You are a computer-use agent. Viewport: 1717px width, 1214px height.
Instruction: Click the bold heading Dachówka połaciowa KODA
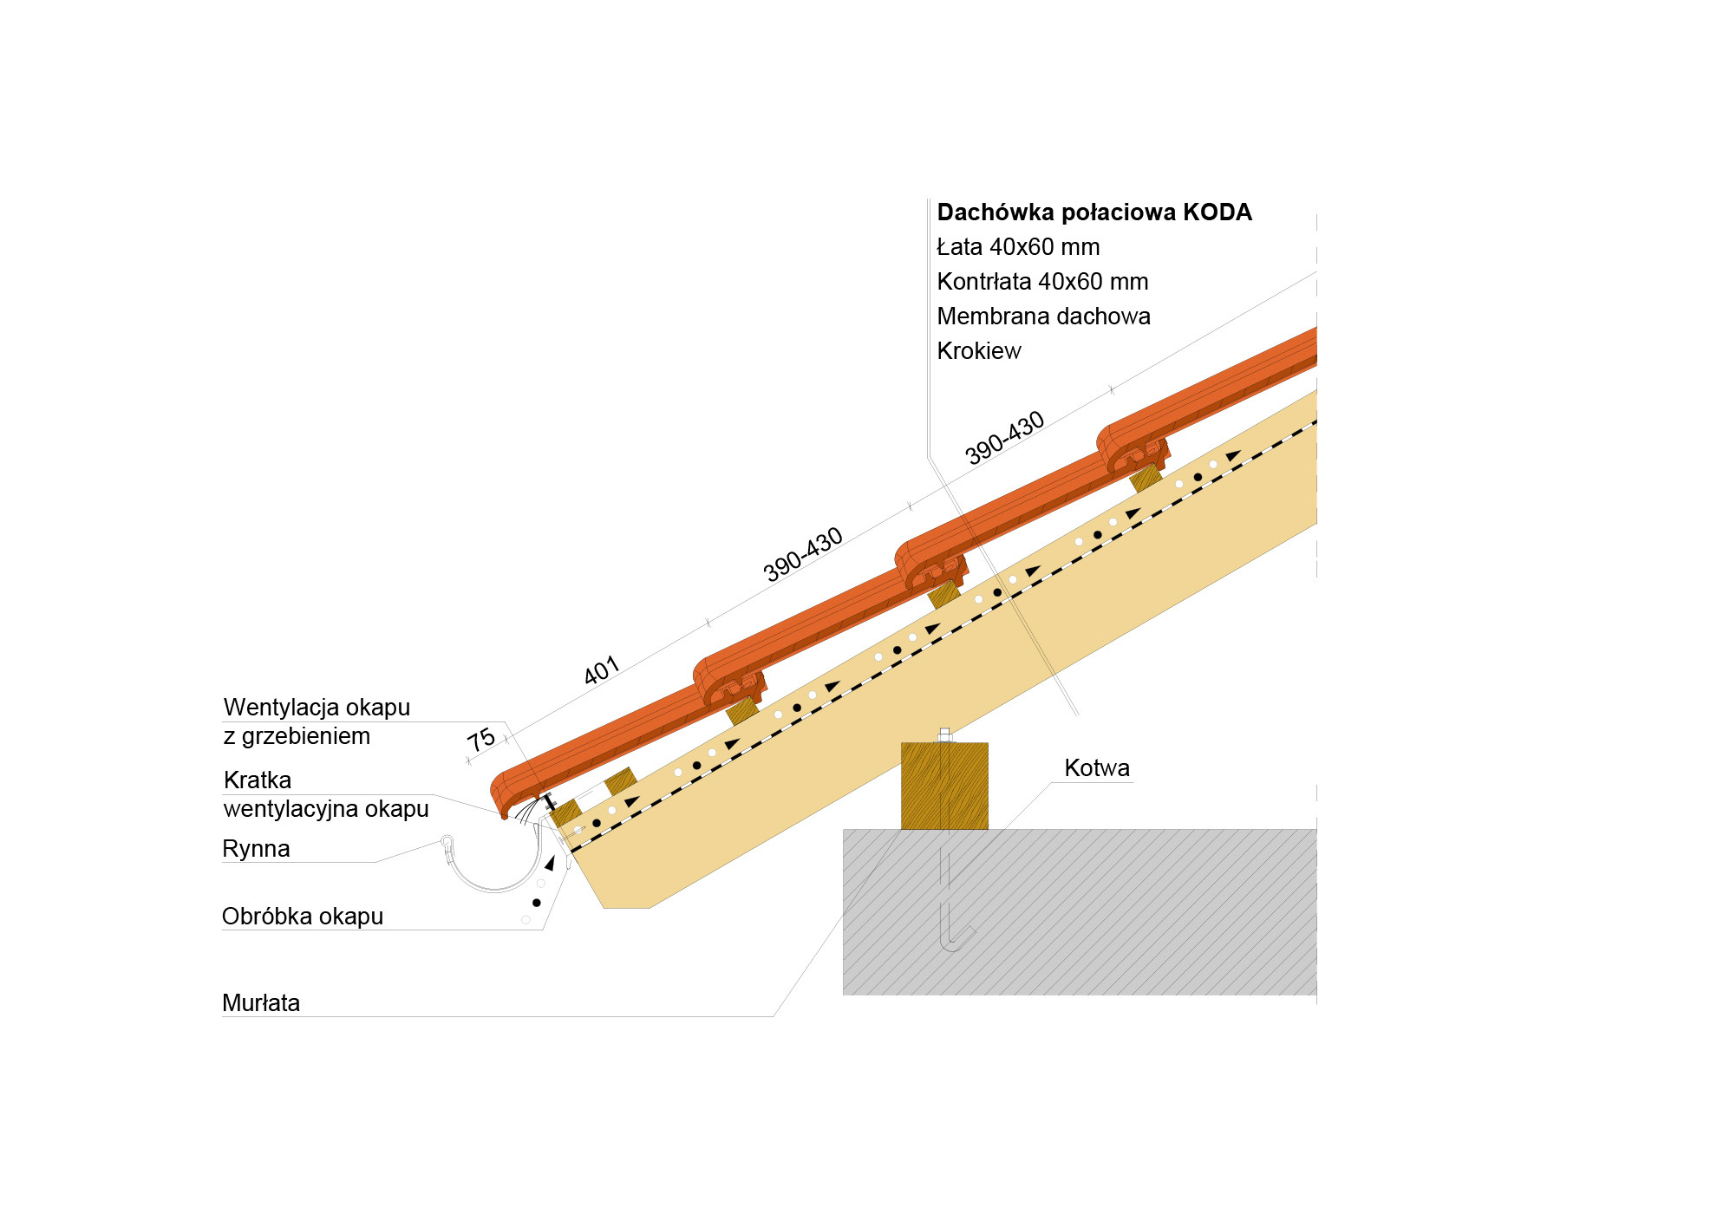(1094, 212)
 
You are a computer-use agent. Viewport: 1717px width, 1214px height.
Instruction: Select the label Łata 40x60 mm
(1018, 247)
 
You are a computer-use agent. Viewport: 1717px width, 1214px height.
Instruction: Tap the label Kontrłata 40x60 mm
(1042, 282)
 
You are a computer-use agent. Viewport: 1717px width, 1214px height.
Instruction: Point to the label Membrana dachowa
(1043, 317)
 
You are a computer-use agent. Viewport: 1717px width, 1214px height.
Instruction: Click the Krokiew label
(979, 351)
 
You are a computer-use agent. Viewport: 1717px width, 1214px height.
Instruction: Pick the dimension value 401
(601, 670)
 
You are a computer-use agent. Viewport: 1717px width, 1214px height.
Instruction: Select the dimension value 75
(481, 740)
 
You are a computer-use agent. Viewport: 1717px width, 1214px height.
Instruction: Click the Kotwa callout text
(1096, 768)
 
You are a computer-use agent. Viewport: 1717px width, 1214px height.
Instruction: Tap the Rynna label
(256, 849)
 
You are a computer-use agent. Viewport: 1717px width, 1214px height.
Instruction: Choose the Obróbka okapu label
(302, 917)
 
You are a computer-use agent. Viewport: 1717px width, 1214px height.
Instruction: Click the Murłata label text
(261, 1003)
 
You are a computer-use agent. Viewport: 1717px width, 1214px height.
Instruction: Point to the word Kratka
(257, 780)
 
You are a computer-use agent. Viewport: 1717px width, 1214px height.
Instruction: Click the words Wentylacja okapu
(317, 708)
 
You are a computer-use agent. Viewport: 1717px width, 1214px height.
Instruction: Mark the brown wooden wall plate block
(944, 786)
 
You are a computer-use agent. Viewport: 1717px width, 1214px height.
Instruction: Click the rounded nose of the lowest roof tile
(499, 793)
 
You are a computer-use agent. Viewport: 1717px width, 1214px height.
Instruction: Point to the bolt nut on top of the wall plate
(944, 735)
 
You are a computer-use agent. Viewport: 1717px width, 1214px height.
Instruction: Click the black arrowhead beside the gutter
(549, 864)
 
